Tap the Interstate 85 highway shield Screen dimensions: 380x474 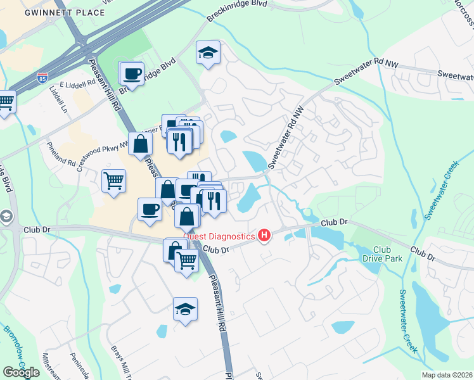tap(42, 79)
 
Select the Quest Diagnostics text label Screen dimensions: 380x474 tap(219, 236)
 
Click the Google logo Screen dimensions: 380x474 tap(21, 372)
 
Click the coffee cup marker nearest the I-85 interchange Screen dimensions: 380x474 tap(132, 73)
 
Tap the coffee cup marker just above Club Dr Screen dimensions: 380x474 tap(150, 208)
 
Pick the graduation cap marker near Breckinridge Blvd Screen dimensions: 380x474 tap(207, 53)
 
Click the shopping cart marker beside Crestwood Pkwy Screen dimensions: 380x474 tap(113, 180)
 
